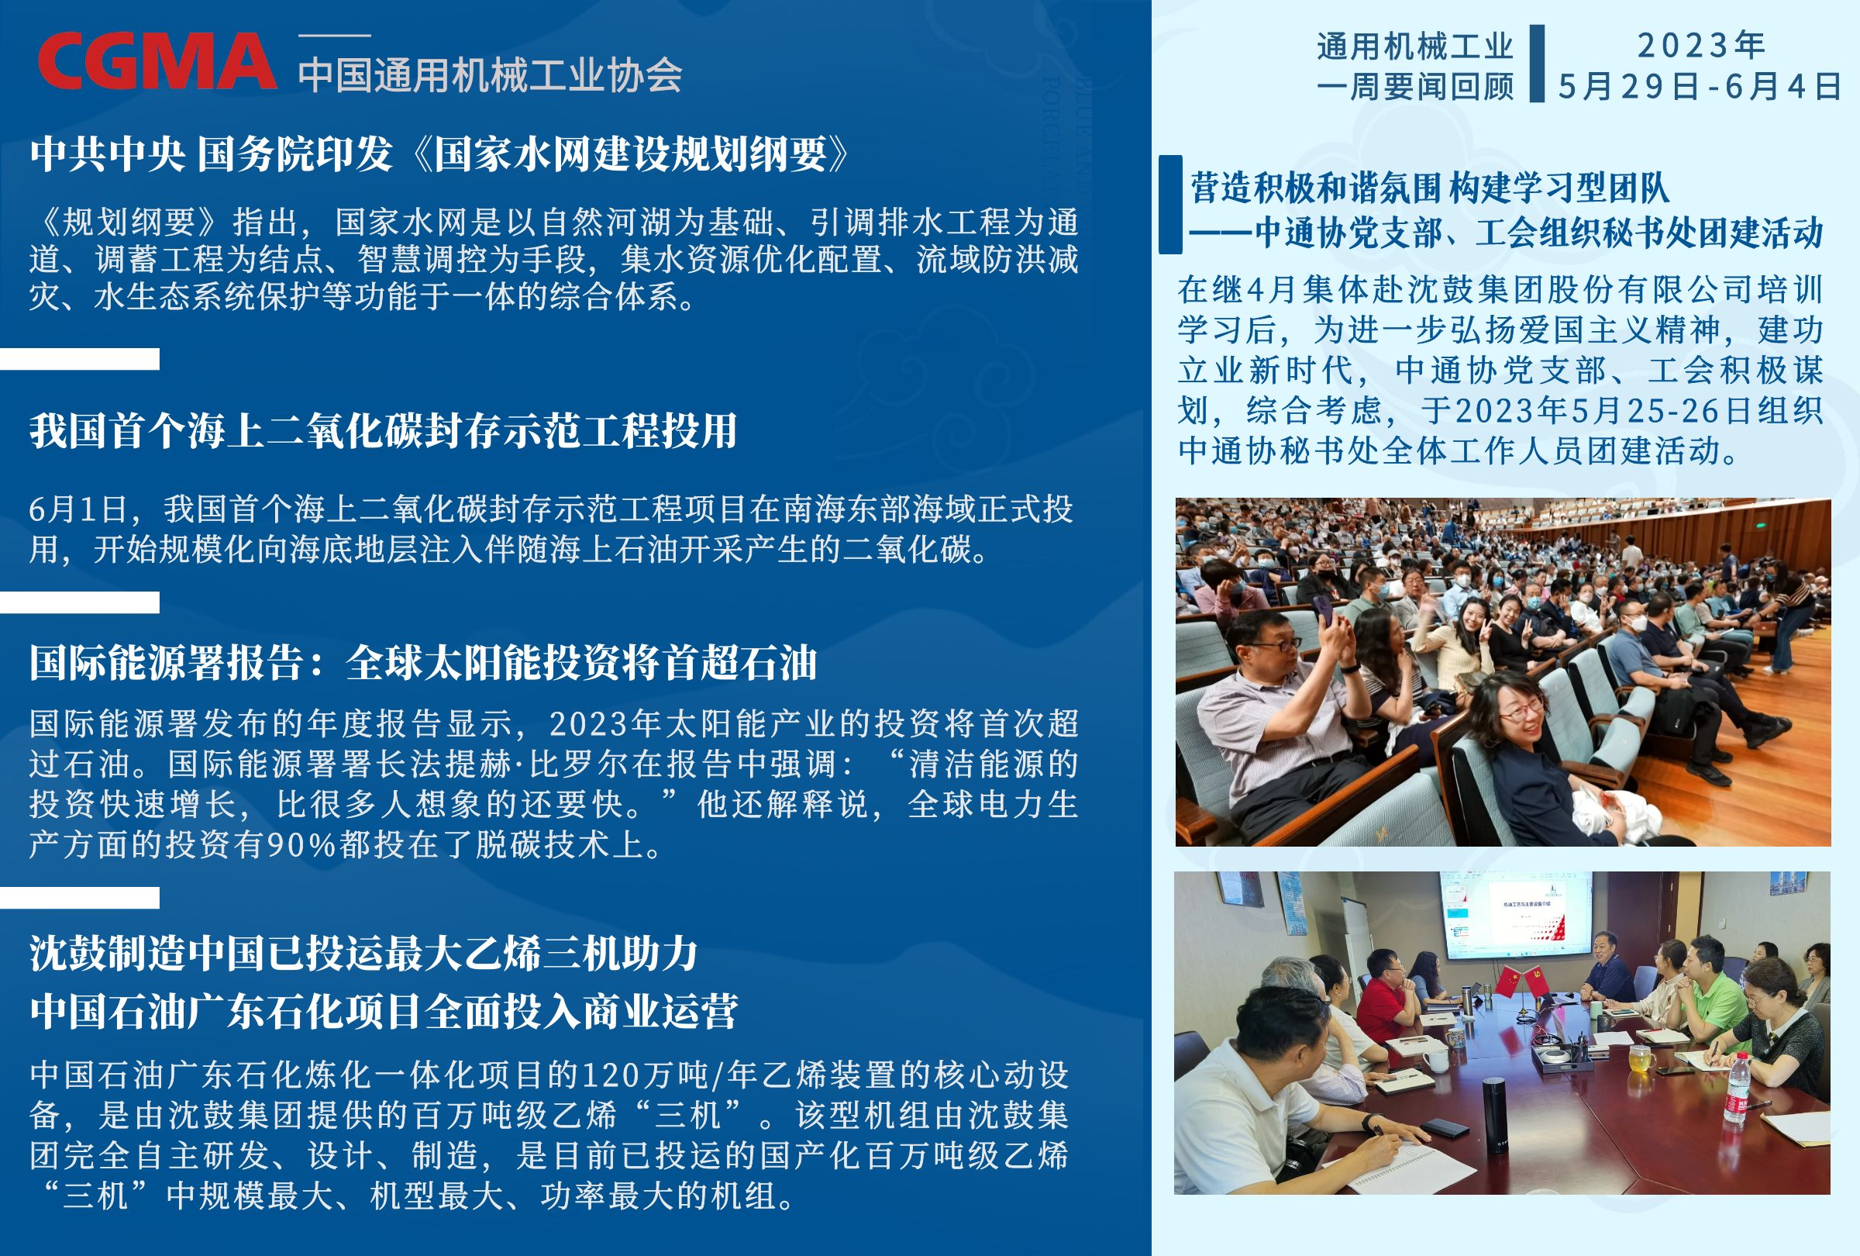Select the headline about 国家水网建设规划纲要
coord(441,153)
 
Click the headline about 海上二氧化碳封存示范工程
coord(384,430)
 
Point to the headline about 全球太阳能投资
coord(423,663)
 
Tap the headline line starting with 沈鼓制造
coord(364,954)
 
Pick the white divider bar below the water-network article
coord(79,359)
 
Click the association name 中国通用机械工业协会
coord(490,75)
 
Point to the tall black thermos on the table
coord(1493,1112)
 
